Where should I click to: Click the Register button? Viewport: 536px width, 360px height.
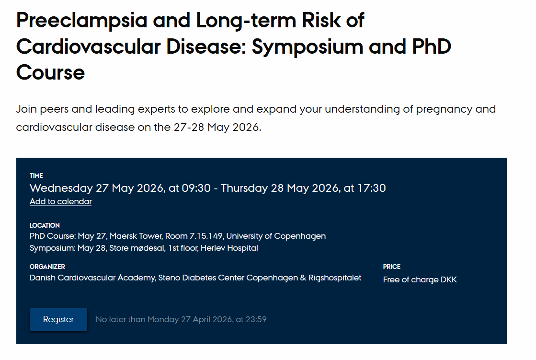(x=58, y=319)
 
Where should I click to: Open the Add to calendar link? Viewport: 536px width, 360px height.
(x=60, y=201)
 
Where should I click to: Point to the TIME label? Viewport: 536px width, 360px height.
(x=36, y=175)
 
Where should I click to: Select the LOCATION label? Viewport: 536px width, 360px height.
(x=45, y=225)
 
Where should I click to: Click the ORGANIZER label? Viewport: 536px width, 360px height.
(x=47, y=267)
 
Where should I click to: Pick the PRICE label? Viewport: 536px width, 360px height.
(x=391, y=267)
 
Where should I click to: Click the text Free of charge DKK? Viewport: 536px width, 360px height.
(x=420, y=279)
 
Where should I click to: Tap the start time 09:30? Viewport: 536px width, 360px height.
(x=196, y=188)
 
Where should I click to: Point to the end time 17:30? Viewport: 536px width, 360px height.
(x=371, y=188)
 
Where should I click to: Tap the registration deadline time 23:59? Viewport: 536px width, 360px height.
(x=256, y=319)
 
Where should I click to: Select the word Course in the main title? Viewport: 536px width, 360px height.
(x=50, y=72)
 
